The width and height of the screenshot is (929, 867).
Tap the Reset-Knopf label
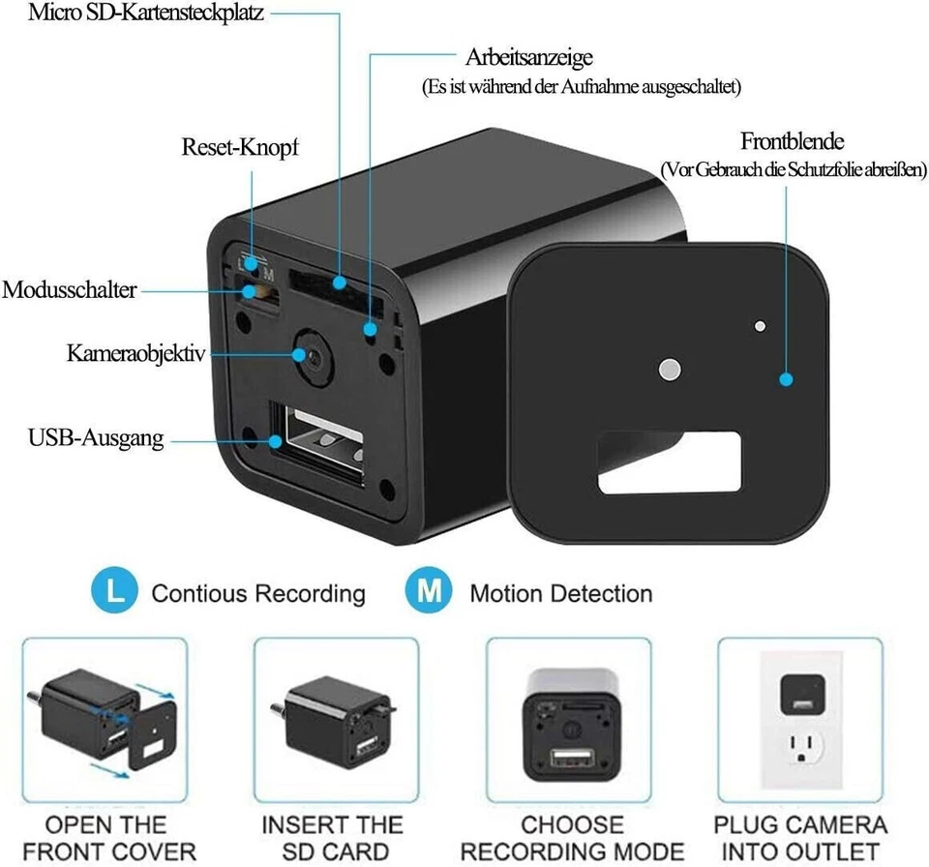tap(240, 148)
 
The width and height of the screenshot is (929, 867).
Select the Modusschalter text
tap(69, 290)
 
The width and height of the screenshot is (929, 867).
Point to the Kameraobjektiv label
tap(136, 352)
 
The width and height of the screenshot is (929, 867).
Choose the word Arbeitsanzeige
tap(528, 57)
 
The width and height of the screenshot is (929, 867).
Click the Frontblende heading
tap(792, 141)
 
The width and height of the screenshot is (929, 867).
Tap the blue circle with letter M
tap(428, 592)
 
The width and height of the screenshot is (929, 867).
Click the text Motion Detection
tap(560, 593)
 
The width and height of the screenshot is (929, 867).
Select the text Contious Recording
tap(258, 593)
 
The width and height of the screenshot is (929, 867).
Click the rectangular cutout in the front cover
tap(669, 463)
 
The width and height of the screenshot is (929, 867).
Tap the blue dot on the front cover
tap(788, 380)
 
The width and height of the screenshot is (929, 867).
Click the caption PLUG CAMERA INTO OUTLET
tap(800, 838)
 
